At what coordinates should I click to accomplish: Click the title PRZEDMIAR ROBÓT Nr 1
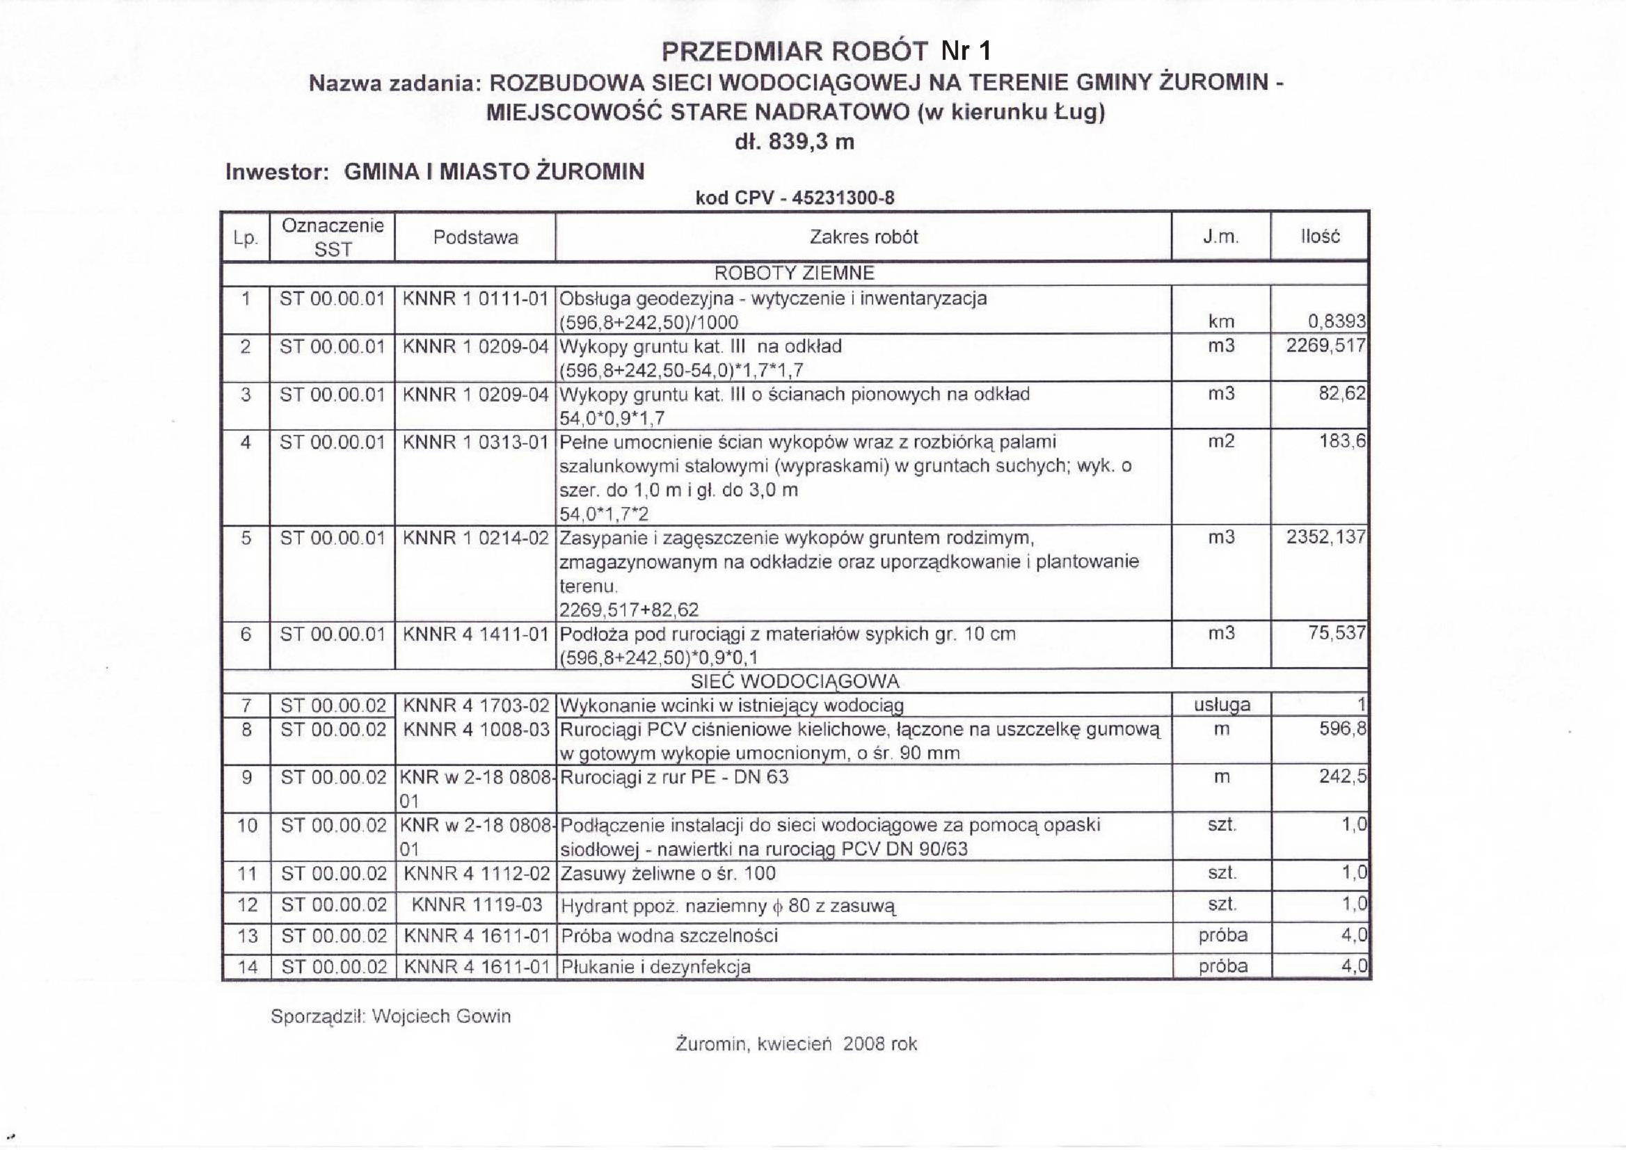[826, 51]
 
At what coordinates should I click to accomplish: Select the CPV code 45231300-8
[843, 198]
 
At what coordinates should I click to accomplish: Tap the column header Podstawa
[475, 238]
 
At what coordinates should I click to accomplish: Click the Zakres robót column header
[863, 237]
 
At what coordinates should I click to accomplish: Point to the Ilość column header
[1319, 237]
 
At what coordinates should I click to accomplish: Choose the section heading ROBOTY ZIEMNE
[794, 273]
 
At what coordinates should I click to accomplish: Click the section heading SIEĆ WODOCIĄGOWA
[795, 681]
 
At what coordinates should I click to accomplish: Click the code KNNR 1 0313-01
[475, 442]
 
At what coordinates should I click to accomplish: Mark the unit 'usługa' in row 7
[1222, 705]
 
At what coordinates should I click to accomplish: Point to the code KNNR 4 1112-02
[476, 874]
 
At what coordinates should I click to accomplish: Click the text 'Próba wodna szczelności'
[669, 936]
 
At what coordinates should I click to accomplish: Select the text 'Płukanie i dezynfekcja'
[655, 966]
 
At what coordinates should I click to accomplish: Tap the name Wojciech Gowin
[440, 1017]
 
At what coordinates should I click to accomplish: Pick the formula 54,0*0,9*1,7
[612, 419]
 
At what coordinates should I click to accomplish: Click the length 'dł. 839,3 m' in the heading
[795, 143]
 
